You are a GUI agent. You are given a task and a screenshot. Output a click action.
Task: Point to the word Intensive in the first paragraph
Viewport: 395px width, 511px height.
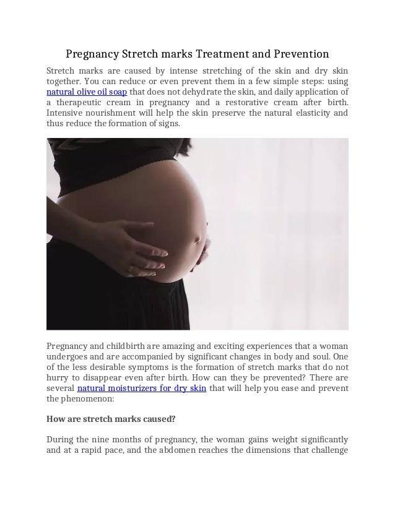[66, 113]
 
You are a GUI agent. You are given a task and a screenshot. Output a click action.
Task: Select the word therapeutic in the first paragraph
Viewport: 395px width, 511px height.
[82, 103]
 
